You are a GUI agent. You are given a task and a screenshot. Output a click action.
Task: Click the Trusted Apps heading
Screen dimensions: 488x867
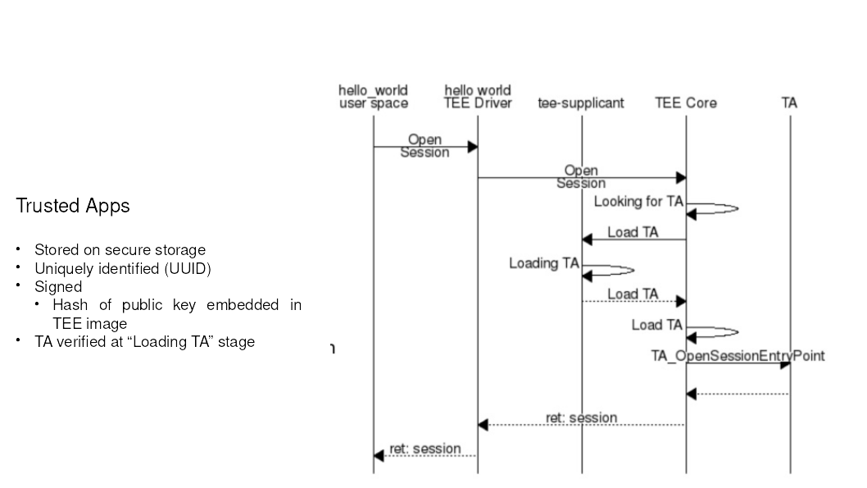pyautogui.click(x=72, y=206)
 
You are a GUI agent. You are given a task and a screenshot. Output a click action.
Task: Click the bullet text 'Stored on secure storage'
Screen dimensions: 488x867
pyautogui.click(x=120, y=250)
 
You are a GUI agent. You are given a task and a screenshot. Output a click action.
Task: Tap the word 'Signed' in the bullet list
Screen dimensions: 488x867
pyautogui.click(x=58, y=287)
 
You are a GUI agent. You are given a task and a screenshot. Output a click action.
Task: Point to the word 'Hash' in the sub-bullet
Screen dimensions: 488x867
pyautogui.click(x=70, y=305)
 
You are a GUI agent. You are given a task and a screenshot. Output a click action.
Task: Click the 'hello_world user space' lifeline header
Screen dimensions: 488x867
pyautogui.click(x=373, y=97)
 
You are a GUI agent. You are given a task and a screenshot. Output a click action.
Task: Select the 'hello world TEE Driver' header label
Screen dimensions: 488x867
pyautogui.click(x=478, y=97)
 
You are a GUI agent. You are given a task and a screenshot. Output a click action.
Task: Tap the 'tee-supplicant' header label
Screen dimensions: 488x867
pyautogui.click(x=581, y=103)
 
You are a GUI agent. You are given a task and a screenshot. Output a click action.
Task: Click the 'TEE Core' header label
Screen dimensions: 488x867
pyautogui.click(x=686, y=103)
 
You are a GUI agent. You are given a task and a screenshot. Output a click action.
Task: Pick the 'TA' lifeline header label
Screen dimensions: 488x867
pyautogui.click(x=789, y=103)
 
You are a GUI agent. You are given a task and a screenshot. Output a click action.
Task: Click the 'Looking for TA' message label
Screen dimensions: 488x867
pyautogui.click(x=638, y=201)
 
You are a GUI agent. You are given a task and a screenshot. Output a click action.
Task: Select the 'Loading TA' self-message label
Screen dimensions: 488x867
pyautogui.click(x=544, y=263)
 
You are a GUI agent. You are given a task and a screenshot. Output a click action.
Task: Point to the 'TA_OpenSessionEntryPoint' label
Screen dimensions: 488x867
pyautogui.click(x=738, y=356)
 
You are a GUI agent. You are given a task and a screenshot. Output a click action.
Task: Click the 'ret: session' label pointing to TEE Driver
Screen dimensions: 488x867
pyautogui.click(x=581, y=418)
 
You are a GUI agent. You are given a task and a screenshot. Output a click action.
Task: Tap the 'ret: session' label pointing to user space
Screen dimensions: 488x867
pyautogui.click(x=424, y=449)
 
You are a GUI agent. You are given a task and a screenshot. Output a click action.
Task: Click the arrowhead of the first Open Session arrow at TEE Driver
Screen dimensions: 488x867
pyautogui.click(x=473, y=147)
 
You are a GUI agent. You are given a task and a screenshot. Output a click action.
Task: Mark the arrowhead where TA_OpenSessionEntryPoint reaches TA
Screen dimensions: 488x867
pyautogui.click(x=785, y=363)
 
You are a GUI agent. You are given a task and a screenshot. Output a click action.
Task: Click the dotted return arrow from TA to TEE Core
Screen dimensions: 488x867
pyautogui.click(x=738, y=395)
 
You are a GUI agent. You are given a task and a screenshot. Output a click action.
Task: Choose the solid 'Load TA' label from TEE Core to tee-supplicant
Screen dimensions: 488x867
pyautogui.click(x=633, y=232)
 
